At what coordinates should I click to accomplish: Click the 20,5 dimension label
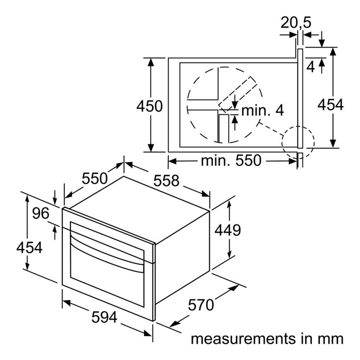coord(296,23)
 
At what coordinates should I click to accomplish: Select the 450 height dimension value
coord(149,106)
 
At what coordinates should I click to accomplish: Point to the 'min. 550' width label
coord(231,161)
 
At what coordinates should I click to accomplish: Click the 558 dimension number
coord(166,181)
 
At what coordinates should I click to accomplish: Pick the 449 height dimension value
coord(228,230)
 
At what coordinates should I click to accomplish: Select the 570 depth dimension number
coord(201,305)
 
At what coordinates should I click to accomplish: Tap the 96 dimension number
coord(41,213)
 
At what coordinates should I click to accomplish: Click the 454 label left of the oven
coord(29,248)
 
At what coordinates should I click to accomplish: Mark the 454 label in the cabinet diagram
coord(331,105)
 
